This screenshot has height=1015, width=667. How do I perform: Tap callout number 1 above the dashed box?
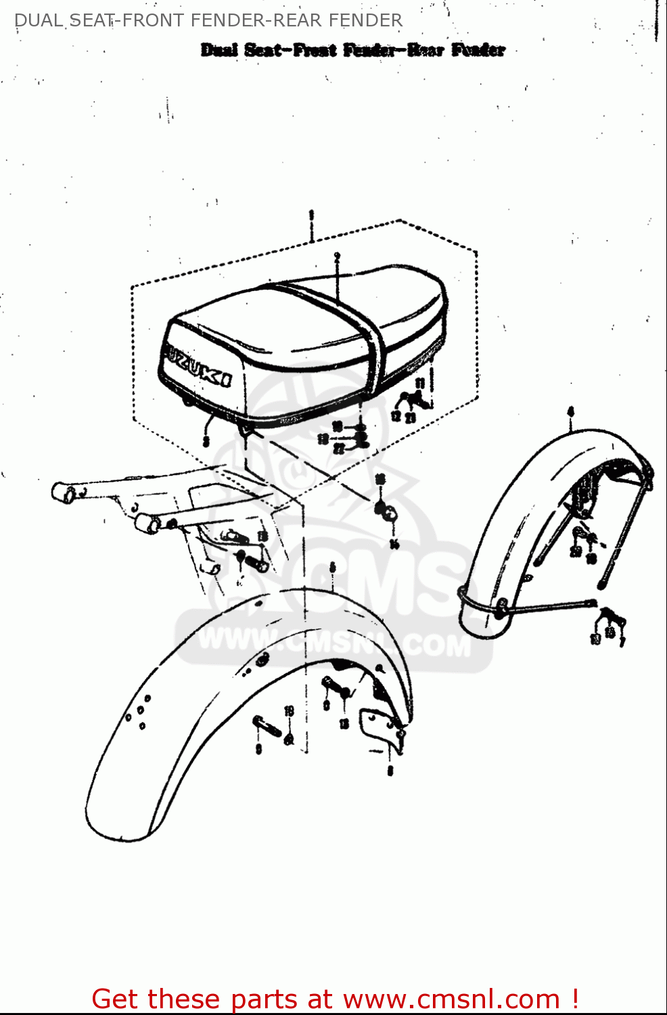tap(311, 215)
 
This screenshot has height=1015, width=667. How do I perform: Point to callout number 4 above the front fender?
tap(570, 411)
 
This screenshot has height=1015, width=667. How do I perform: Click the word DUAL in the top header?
tap(38, 20)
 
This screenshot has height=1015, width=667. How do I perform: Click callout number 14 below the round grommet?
tap(394, 544)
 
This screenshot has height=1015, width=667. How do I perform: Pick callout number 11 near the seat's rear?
tap(419, 383)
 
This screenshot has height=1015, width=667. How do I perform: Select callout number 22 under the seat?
tap(339, 449)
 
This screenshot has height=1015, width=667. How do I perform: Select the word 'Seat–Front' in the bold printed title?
tap(290, 50)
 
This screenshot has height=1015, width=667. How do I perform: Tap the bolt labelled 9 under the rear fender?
tap(267, 727)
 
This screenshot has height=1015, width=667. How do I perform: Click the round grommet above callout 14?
tap(384, 510)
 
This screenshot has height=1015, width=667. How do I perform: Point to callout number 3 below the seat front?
tap(206, 442)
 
